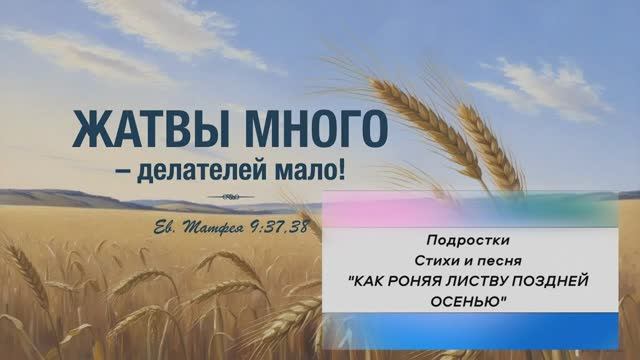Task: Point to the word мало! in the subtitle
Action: coord(313,169)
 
